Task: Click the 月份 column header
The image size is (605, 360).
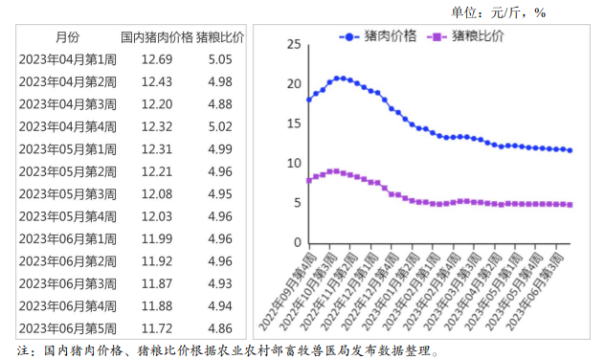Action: [x=68, y=37]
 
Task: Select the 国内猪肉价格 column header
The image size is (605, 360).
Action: [x=156, y=37]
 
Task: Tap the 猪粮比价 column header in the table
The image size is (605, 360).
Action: [x=220, y=37]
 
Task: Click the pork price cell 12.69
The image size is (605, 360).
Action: [x=156, y=59]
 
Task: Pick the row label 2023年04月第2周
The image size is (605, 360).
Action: [x=68, y=81]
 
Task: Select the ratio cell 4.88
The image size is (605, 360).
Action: [x=220, y=103]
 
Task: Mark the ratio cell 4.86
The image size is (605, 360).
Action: [x=220, y=327]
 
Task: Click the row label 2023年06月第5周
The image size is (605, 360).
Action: [x=68, y=327]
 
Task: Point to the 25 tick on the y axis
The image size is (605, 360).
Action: [x=293, y=45]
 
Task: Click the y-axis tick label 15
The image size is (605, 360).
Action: [x=293, y=124]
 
